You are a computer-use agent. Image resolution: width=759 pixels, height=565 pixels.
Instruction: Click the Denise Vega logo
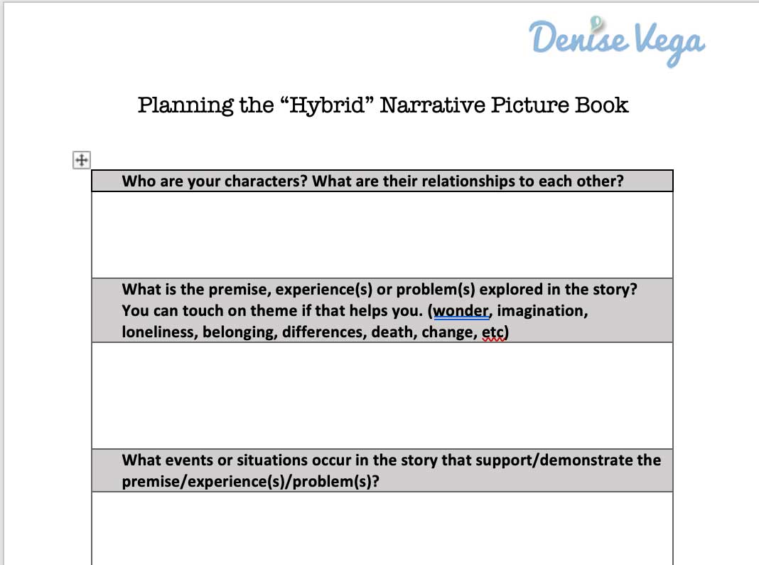point(617,42)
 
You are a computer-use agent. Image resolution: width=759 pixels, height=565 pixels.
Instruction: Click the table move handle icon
point(82,160)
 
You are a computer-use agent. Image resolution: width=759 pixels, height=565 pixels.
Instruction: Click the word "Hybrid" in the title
point(327,105)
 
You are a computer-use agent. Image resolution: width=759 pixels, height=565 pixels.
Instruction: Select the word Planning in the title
point(186,105)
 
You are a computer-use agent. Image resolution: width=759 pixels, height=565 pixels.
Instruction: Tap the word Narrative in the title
point(432,105)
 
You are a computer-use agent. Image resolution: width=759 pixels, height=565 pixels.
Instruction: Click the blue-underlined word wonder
point(461,310)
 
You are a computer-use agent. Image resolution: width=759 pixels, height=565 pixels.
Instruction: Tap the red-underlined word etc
point(492,332)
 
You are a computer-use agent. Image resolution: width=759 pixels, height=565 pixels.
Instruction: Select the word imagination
point(542,311)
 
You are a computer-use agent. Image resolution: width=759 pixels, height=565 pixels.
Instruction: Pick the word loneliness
point(158,332)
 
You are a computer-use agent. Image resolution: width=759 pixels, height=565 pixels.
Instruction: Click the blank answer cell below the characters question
point(382,235)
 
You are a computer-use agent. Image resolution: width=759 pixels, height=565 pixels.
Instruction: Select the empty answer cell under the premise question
point(382,396)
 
